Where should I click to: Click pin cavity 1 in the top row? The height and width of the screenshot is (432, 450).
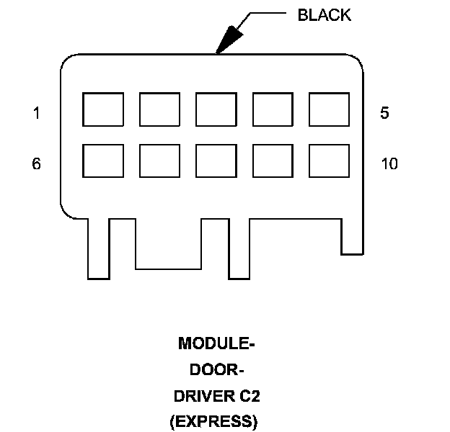(x=103, y=109)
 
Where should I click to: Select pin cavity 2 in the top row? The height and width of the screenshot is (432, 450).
(x=159, y=109)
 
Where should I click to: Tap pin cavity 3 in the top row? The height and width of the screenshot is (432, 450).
(x=216, y=109)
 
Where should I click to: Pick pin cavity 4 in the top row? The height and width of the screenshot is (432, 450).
(x=273, y=109)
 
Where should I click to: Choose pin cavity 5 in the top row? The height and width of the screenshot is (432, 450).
(x=329, y=109)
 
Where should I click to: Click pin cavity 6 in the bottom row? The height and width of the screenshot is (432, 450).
(x=103, y=161)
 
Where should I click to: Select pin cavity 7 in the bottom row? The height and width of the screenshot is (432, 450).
(x=159, y=161)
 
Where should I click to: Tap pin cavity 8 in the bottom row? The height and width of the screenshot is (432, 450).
(x=216, y=161)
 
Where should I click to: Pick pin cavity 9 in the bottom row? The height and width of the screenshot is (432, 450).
(x=273, y=161)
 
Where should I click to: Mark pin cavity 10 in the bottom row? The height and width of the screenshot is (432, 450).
(x=329, y=161)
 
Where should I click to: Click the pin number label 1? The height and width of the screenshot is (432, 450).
(x=36, y=113)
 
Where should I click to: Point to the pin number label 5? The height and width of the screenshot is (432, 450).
(x=384, y=113)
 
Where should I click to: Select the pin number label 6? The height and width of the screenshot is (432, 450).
(x=36, y=164)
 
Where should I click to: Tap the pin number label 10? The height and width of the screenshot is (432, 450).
(x=389, y=164)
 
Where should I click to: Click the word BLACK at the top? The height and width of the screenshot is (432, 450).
(x=325, y=15)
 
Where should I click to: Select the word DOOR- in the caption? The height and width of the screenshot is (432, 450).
(x=216, y=370)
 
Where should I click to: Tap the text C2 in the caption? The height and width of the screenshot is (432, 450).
(x=243, y=396)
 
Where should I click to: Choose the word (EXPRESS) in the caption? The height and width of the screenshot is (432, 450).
(x=213, y=422)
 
